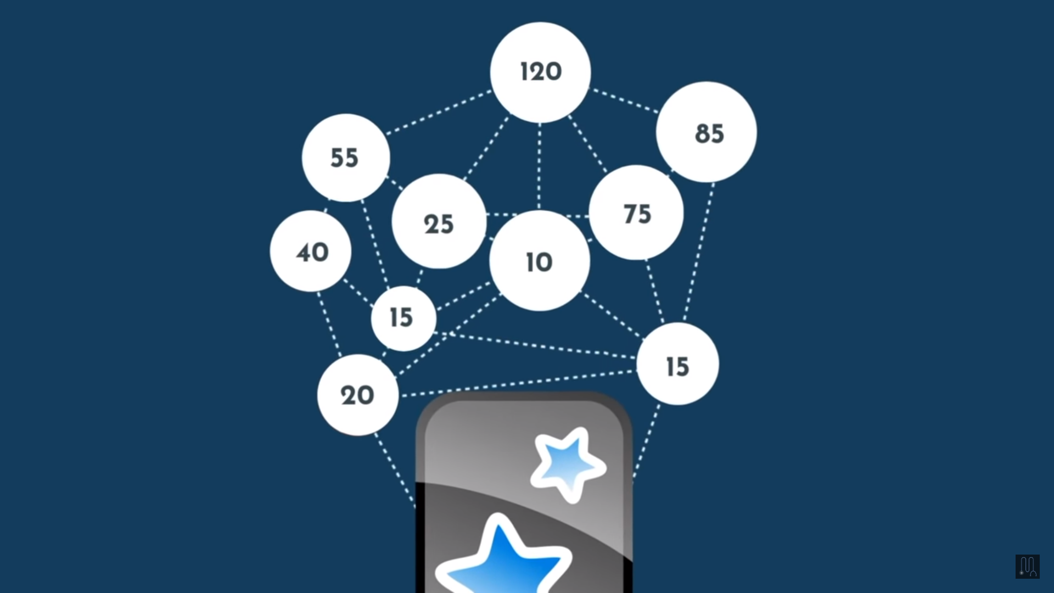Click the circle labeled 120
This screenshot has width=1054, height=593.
[540, 72]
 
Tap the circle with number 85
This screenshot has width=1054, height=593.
[707, 132]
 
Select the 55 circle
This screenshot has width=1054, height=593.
[346, 158]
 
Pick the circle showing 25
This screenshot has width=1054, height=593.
[439, 221]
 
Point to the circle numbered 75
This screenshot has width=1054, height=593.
[636, 212]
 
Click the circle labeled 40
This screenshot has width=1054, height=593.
[311, 251]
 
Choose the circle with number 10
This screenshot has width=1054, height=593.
[540, 260]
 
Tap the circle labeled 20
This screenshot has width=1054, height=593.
[358, 395]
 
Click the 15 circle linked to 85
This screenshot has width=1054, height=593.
[677, 364]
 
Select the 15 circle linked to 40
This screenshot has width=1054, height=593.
[403, 318]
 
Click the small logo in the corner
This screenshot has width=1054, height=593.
[1027, 566]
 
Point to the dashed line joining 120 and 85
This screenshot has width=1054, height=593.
[624, 100]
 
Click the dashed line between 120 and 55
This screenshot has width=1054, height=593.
[439, 113]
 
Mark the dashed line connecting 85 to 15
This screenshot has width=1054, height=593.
[699, 253]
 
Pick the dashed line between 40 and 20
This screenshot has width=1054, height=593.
[329, 324]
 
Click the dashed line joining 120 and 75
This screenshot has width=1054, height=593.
[588, 144]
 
